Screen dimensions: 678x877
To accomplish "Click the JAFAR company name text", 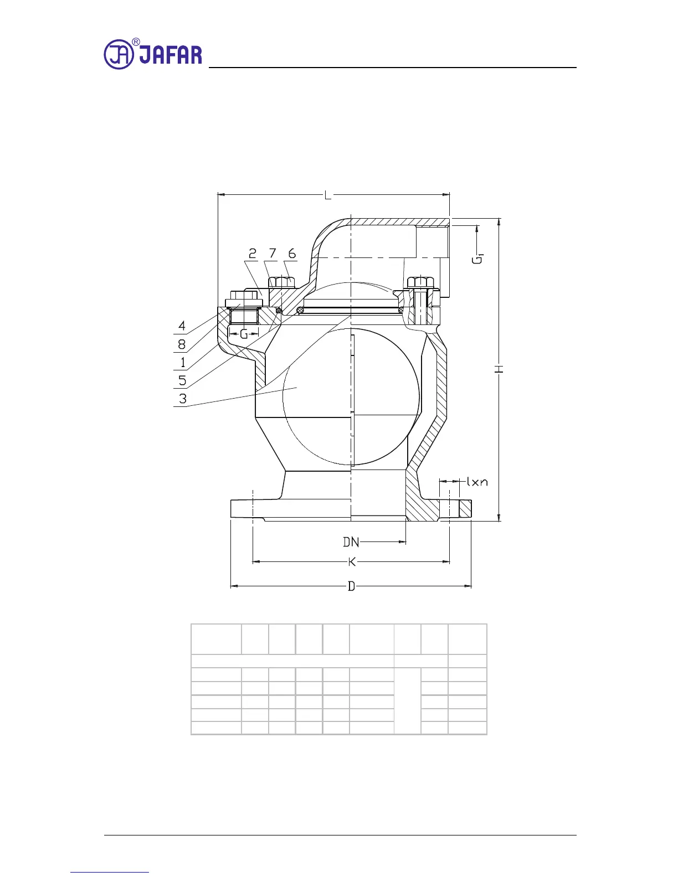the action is pos(171,55).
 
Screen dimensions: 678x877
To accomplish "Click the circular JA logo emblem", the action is pos(119,54).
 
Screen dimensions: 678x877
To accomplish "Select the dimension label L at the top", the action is pos(327,196).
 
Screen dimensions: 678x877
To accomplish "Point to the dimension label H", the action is pos(500,369).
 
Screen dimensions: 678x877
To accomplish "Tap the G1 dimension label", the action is pos(477,259).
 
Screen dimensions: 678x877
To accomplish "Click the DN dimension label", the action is pos(351,542).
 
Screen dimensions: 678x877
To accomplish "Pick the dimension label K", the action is pos(352,562).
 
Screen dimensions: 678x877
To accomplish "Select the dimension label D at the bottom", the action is pos(351,586).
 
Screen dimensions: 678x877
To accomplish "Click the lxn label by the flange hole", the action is pos(477,482).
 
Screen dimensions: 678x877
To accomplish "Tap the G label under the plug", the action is pos(244,334).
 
